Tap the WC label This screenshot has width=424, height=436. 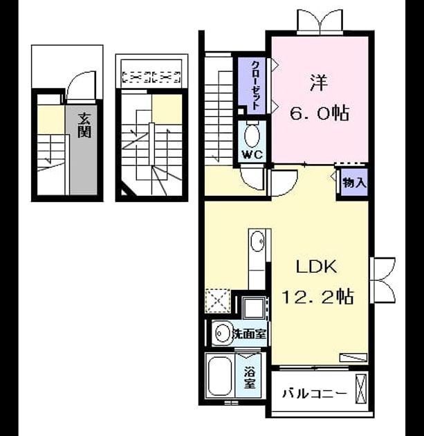(253, 154)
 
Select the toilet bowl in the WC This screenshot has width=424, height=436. (252, 136)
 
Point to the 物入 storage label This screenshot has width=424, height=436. (353, 183)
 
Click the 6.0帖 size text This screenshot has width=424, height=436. (320, 113)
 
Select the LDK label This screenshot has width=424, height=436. (317, 266)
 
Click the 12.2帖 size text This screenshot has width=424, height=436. (317, 297)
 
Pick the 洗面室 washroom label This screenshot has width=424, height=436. (249, 334)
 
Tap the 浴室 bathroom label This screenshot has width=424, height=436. (250, 377)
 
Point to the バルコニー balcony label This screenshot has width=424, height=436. (315, 394)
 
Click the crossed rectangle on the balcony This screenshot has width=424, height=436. (361, 388)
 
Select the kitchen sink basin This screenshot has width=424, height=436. (257, 241)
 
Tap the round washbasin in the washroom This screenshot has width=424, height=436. (221, 333)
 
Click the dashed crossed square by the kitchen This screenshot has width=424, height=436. (218, 301)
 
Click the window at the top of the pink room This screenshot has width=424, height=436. (320, 21)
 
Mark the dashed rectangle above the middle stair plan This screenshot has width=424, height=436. (151, 77)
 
